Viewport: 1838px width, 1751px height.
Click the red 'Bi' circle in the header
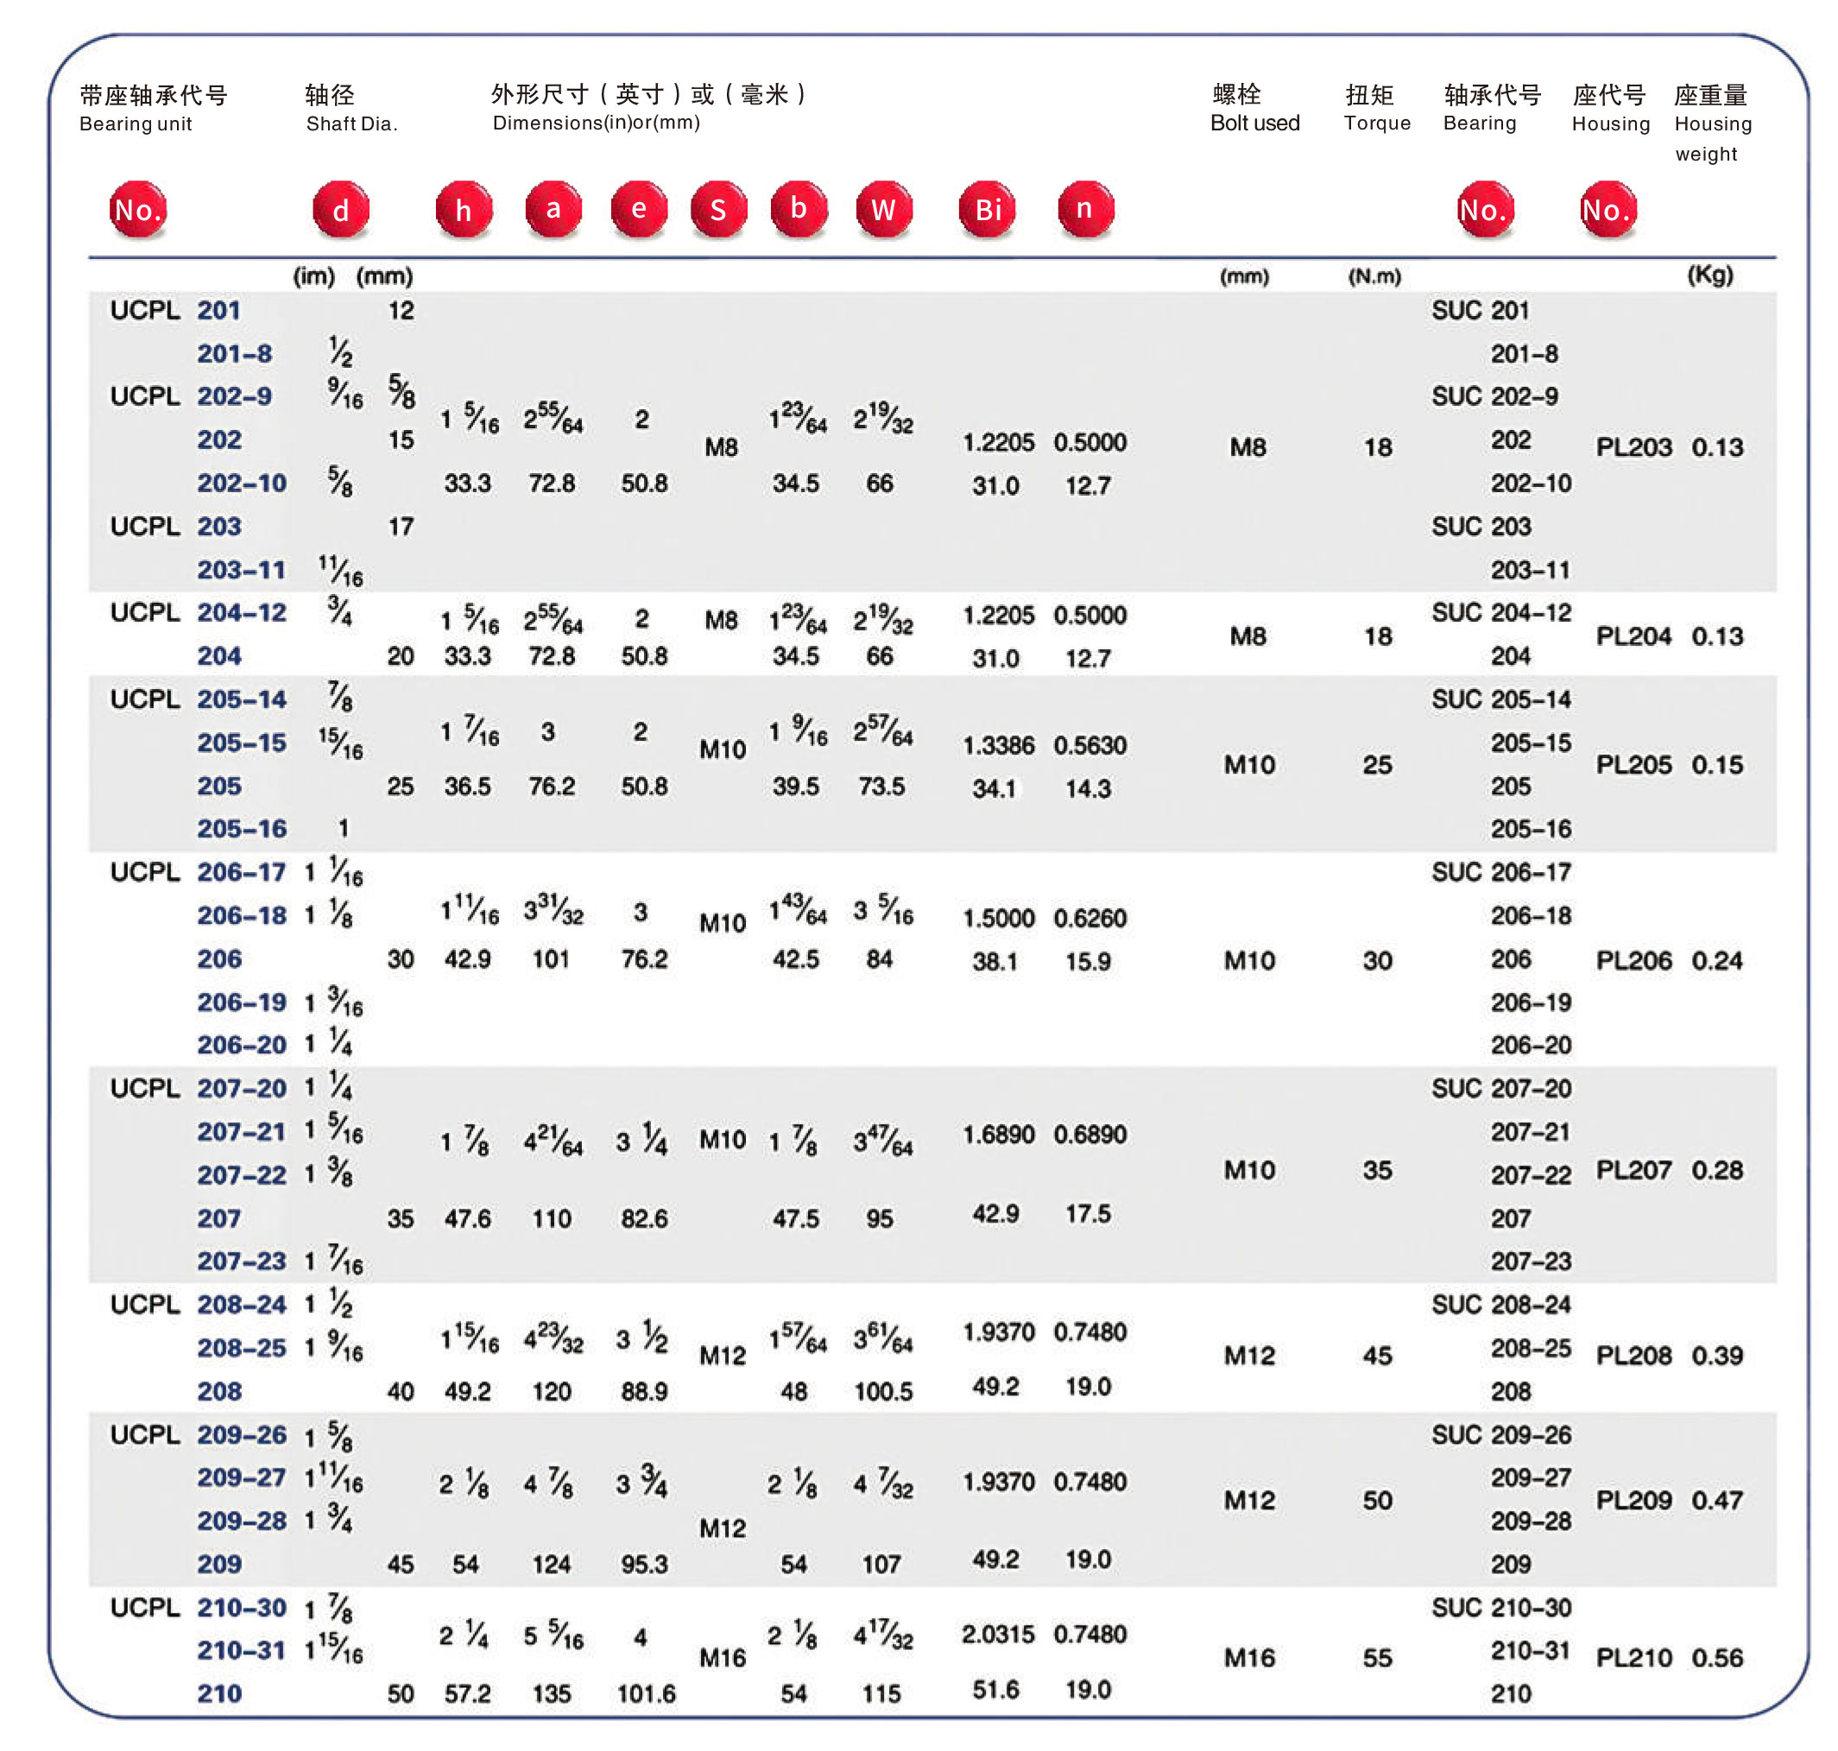pos(987,209)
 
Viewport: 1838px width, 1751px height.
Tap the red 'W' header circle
pos(883,209)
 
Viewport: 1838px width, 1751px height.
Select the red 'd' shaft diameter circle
pos(341,209)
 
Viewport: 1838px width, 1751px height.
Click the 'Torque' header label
pos(1376,123)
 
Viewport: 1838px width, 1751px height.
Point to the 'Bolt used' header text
pos(1254,123)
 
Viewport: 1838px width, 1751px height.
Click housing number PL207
pos(1633,1170)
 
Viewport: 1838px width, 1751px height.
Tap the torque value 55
pos(1377,1657)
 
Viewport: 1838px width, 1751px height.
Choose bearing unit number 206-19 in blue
pos(241,1002)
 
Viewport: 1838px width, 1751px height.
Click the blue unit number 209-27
pos(241,1476)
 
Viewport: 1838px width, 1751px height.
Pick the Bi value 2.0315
pos(998,1634)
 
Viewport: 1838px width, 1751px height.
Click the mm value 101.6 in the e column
pos(646,1693)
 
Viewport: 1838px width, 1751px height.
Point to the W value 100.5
pos(882,1391)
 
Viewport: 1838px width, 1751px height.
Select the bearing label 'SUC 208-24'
pos(1500,1304)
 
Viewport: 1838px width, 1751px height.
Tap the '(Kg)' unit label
pos(1709,275)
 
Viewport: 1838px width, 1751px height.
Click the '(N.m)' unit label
pos(1374,276)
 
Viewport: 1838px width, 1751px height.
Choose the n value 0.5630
pos(1090,745)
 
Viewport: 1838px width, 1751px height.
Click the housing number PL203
pos(1633,447)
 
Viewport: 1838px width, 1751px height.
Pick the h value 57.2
pos(467,1693)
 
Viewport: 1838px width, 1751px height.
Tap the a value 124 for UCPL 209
pos(551,1564)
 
